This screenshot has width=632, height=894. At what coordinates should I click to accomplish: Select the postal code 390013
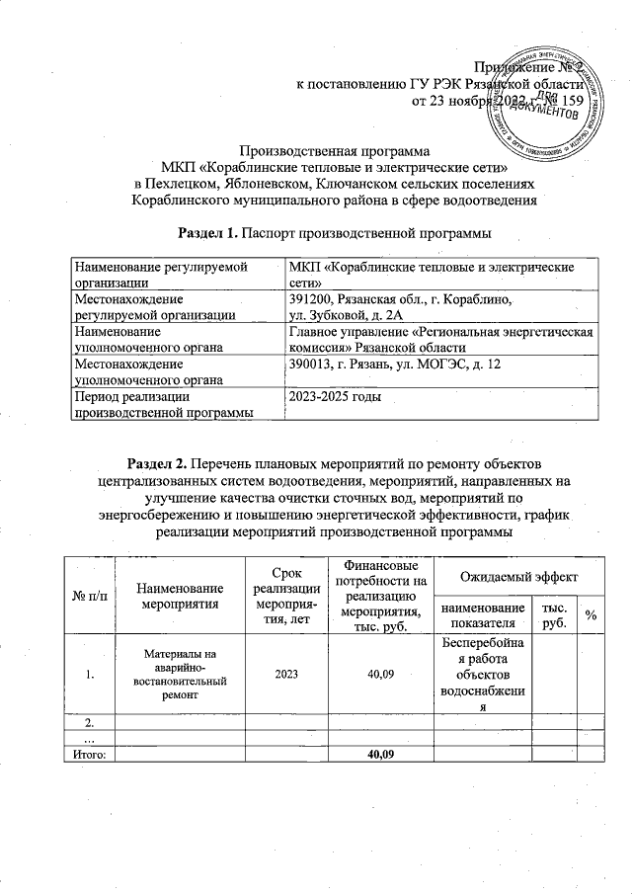[310, 366]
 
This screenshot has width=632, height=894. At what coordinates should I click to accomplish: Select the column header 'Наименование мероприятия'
[179, 594]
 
